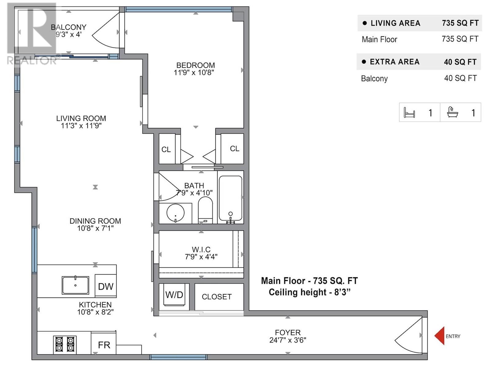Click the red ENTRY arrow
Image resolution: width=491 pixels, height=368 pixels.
point(439,336)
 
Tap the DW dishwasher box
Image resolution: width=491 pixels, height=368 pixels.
point(106,286)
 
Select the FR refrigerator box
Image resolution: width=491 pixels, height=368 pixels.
point(104,345)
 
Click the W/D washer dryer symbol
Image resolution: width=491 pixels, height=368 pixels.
point(174,295)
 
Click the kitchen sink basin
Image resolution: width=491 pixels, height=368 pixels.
point(75,285)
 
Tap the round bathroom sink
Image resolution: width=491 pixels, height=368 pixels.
point(176,213)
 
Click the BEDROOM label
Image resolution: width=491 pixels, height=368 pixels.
point(195,65)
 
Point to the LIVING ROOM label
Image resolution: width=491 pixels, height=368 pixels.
point(81,118)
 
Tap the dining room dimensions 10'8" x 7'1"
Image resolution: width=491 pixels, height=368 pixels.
point(95,228)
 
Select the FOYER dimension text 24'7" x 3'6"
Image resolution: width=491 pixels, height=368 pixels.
point(288,340)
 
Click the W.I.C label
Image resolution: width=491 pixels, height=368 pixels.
point(201,249)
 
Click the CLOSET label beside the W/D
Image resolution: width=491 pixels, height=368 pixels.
point(216,297)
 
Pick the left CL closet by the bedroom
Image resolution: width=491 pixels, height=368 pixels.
point(166,149)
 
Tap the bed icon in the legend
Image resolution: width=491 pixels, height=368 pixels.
point(409,113)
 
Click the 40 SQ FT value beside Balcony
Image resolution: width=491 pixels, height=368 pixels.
point(460,78)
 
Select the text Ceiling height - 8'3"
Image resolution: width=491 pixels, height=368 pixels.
point(309,292)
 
